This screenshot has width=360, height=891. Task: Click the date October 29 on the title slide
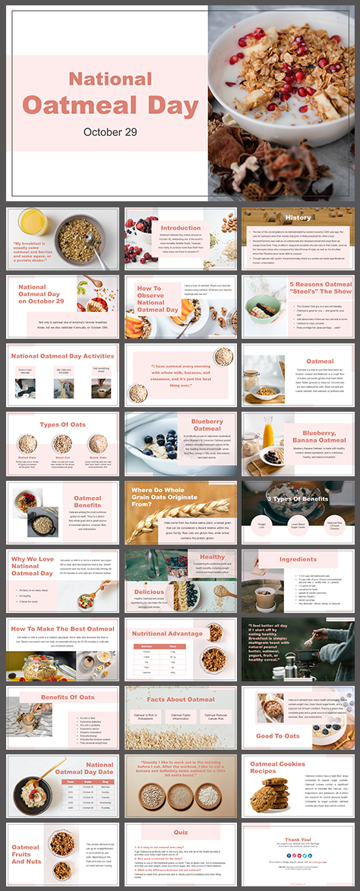[111, 131]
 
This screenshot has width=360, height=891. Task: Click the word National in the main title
[111, 77]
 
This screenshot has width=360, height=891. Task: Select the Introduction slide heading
[180, 227]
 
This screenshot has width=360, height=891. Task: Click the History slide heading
[298, 217]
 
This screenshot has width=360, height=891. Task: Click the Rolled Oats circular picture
[27, 443]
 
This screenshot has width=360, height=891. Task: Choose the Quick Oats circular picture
[97, 443]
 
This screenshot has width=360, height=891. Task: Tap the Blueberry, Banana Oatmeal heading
[319, 436]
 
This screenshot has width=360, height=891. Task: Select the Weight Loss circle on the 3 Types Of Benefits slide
[261, 523]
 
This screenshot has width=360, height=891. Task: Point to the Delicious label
[150, 591]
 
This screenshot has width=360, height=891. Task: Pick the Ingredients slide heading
[298, 559]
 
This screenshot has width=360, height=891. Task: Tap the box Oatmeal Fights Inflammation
[180, 716]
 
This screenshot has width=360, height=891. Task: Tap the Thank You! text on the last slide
[298, 839]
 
